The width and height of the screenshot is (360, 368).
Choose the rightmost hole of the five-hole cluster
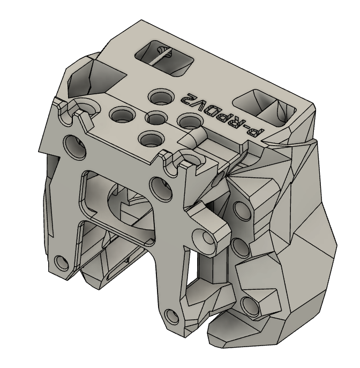pos(189,121)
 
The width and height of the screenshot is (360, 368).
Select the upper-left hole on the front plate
pos(71,144)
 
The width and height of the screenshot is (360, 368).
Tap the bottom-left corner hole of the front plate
pos(61,263)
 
